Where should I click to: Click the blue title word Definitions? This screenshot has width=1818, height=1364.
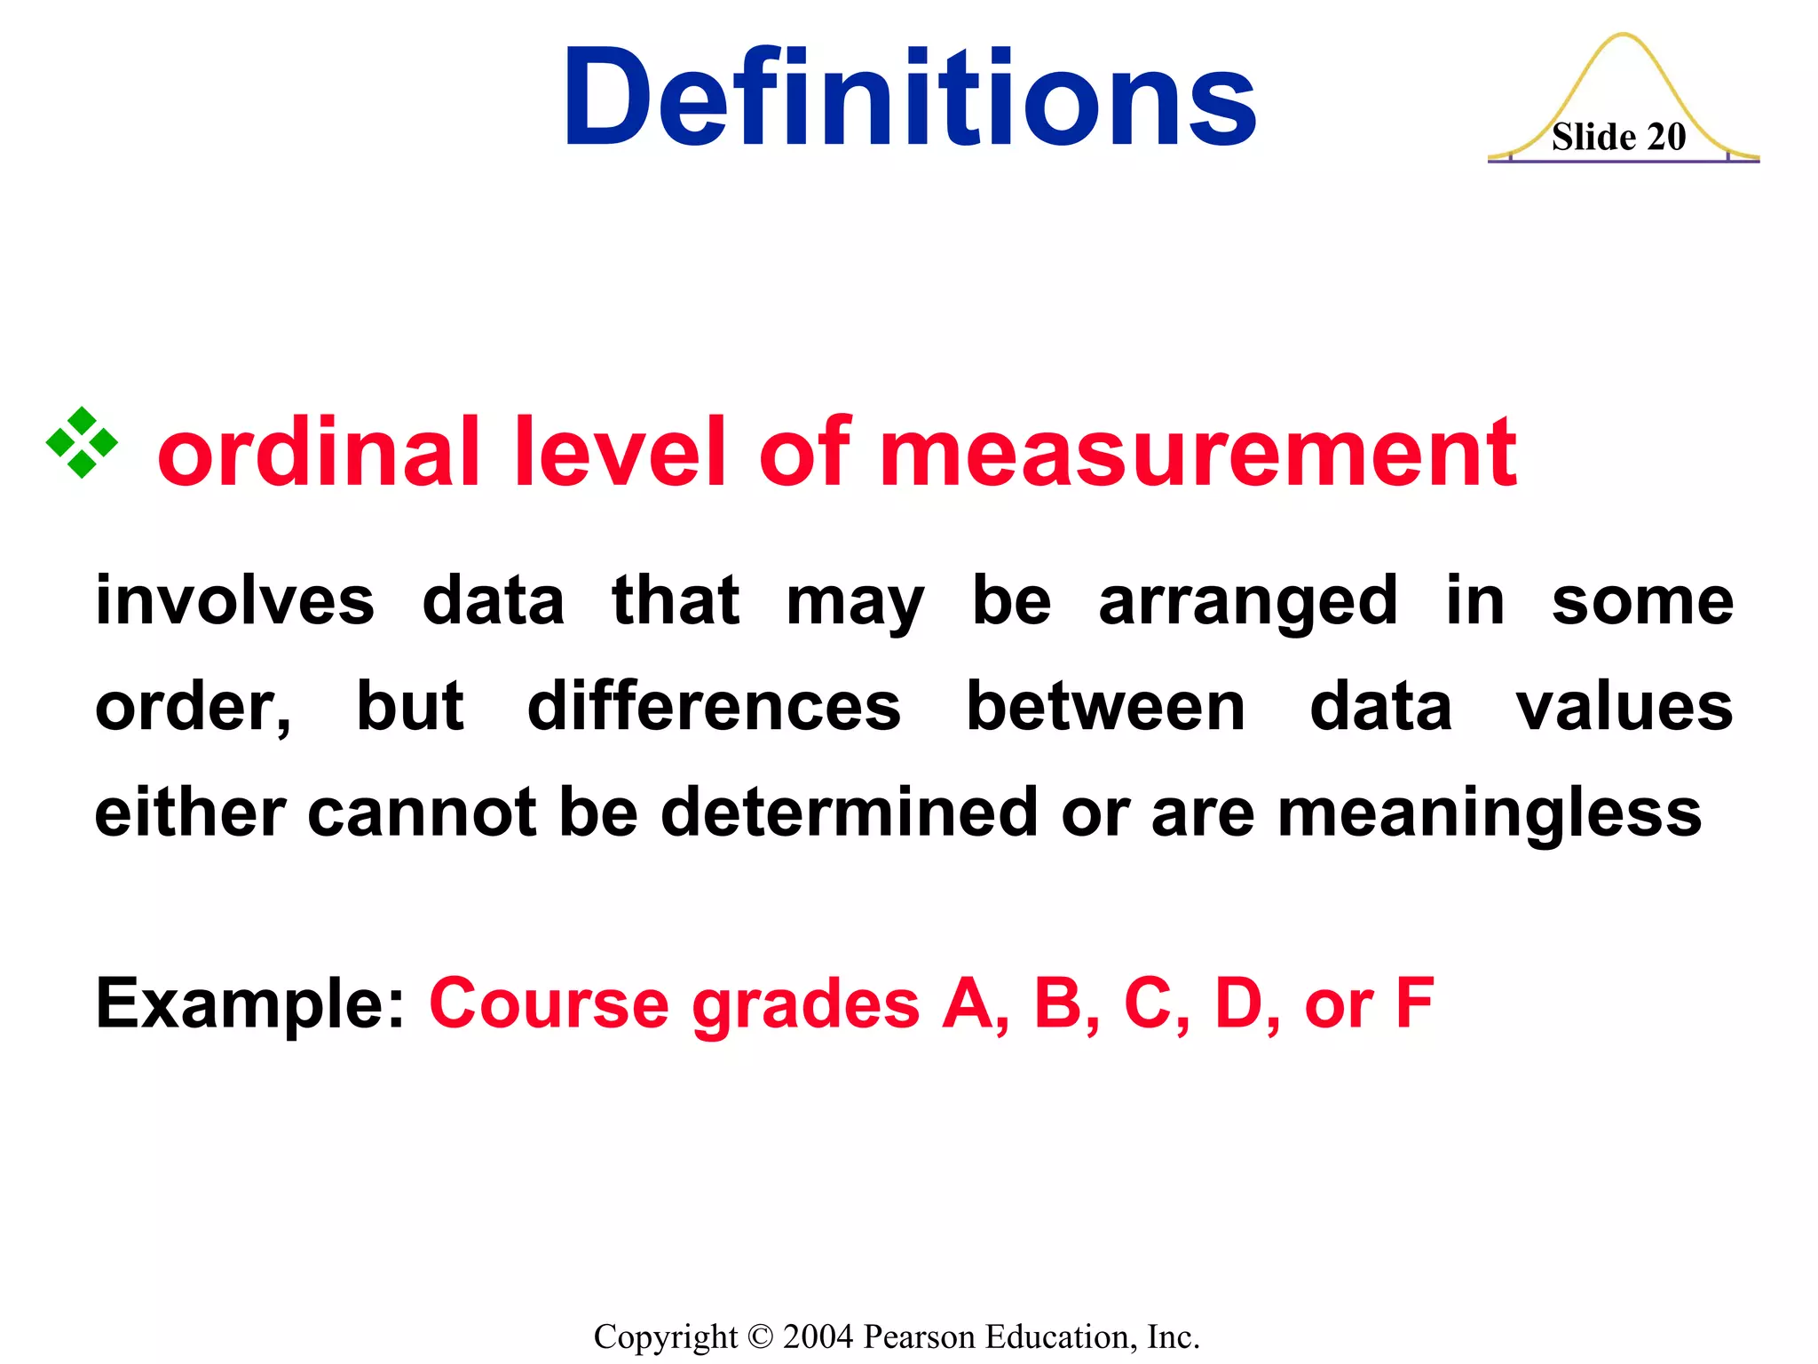click(x=909, y=98)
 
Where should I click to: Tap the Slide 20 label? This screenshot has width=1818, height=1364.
click(x=1618, y=138)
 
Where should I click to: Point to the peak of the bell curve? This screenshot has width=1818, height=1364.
click(x=1623, y=36)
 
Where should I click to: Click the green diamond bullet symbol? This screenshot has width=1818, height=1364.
click(x=82, y=442)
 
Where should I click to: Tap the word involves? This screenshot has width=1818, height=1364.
click(x=235, y=601)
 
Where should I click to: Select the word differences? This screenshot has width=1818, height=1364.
click(x=714, y=707)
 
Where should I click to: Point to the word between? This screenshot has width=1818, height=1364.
click(x=1105, y=707)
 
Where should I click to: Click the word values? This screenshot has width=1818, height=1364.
click(x=1624, y=707)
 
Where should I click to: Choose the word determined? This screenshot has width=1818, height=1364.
click(x=850, y=813)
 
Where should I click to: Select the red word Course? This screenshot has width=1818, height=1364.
click(x=549, y=1004)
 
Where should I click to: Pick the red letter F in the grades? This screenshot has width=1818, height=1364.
click(x=1415, y=1003)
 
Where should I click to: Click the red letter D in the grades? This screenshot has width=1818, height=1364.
click(x=1239, y=1003)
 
